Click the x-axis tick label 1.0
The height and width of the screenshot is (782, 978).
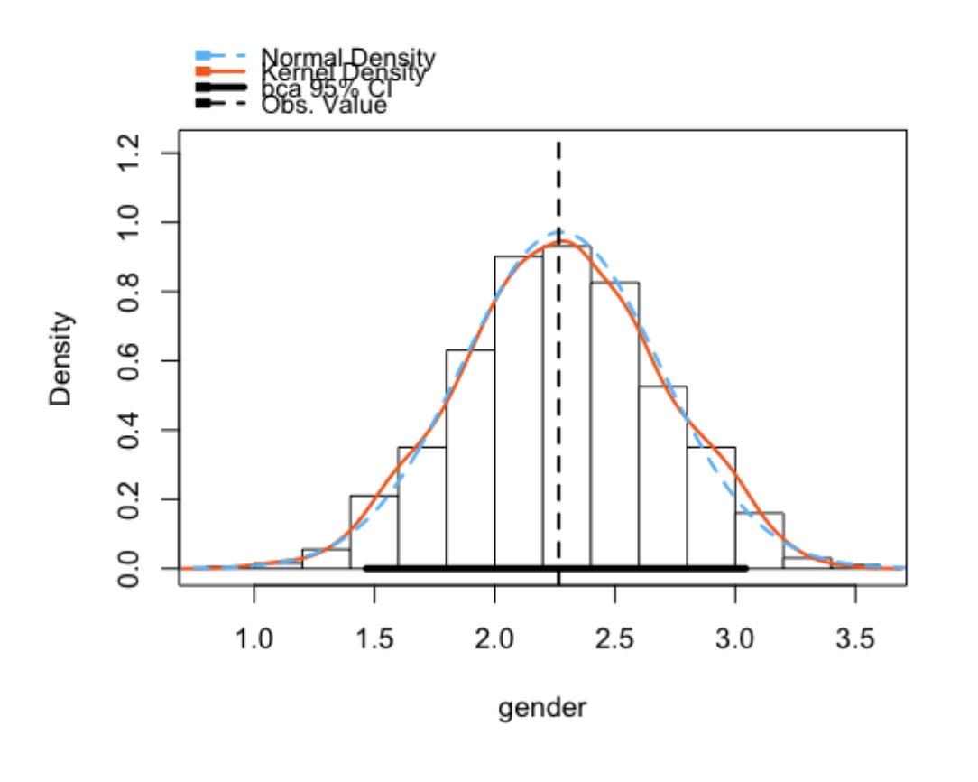(254, 641)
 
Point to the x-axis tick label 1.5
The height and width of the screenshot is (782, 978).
(374, 641)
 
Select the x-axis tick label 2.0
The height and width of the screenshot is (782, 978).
(494, 641)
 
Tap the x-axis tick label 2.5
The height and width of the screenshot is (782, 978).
(614, 641)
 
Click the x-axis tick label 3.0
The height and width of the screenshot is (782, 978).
(735, 641)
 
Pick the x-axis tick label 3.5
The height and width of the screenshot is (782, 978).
(855, 641)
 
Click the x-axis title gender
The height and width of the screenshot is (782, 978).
(542, 708)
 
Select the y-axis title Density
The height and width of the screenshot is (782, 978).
(61, 359)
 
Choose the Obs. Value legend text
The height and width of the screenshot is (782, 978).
(324, 106)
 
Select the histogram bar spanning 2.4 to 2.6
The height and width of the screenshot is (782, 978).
(614, 425)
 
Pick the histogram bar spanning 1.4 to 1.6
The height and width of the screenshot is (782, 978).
(374, 532)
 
